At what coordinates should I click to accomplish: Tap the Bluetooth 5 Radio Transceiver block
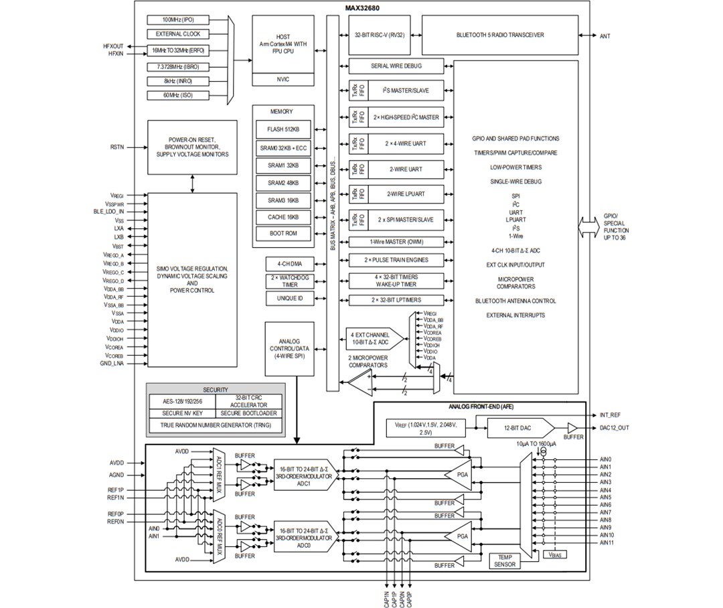[500, 35]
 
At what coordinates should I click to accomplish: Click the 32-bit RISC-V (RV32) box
[380, 35]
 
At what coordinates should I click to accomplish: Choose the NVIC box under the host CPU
[283, 79]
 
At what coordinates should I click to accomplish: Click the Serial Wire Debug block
[396, 66]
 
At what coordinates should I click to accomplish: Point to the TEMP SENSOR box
[505, 561]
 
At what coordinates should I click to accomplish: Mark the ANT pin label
[605, 35]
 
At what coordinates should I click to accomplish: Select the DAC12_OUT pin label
[615, 428]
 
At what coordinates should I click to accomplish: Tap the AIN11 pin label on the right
[606, 543]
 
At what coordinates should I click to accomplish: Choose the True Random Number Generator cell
[215, 425]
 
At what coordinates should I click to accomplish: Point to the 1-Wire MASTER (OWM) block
[396, 242]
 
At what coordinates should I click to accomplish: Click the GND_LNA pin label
[113, 363]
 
